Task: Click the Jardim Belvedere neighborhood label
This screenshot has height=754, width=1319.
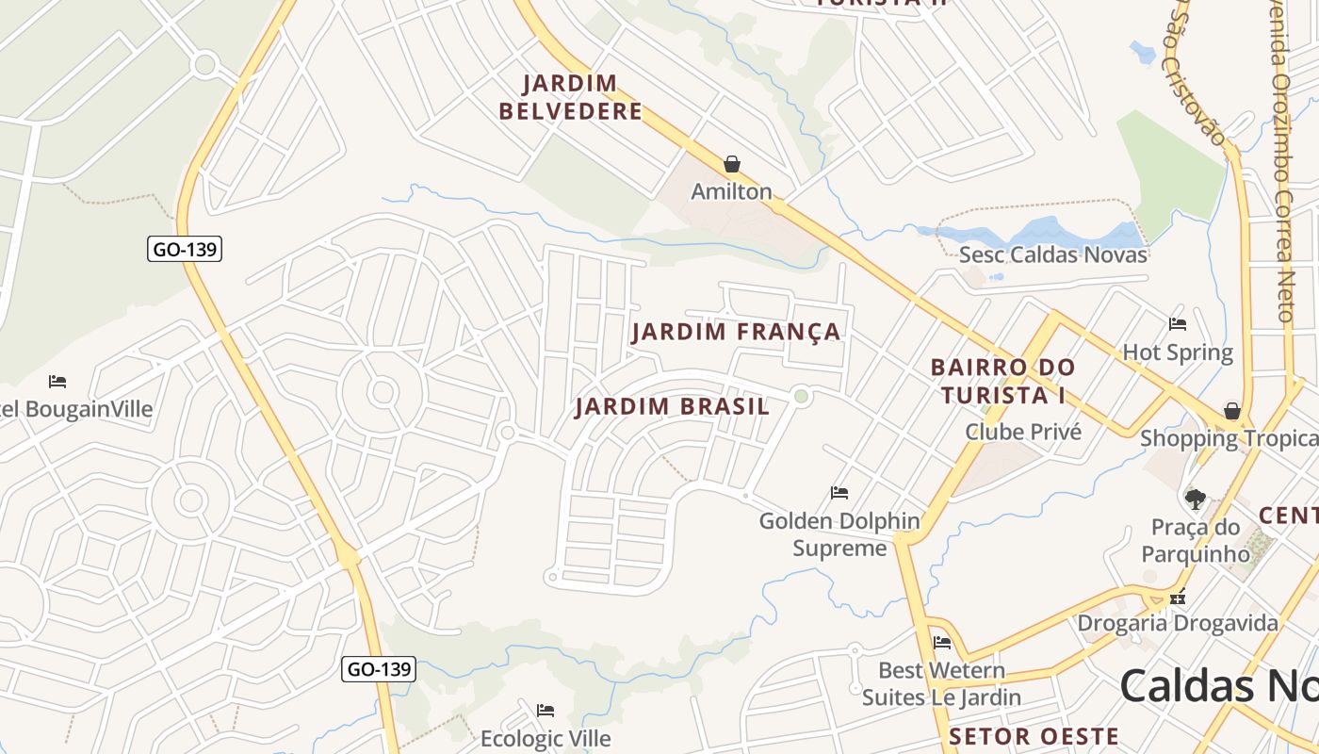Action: pos(570,97)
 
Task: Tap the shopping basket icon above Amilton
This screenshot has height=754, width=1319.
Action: pos(732,164)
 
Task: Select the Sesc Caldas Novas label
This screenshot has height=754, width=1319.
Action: pos(1052,254)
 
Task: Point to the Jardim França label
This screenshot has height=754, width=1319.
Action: pos(736,332)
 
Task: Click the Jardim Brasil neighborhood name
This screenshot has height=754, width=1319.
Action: pos(672,406)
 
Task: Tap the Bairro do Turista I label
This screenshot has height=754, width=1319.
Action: pos(1002,381)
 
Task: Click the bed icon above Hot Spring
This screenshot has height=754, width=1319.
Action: pos(1177,324)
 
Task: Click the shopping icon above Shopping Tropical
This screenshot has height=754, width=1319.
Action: pos(1231,411)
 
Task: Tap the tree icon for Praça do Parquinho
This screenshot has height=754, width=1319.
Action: pos(1196,499)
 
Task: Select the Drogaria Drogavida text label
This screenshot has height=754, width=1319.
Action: pos(1178,623)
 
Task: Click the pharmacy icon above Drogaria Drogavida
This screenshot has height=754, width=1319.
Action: pos(1177,597)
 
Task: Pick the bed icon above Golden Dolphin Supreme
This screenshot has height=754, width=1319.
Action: pos(839,493)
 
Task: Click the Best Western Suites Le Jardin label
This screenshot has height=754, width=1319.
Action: pos(940,684)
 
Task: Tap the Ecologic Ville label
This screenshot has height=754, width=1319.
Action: pos(546,738)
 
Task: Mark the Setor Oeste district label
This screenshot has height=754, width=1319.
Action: pos(1034,736)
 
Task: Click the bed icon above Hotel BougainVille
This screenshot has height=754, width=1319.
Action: pos(57,382)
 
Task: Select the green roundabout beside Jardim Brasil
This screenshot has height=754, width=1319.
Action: pos(802,396)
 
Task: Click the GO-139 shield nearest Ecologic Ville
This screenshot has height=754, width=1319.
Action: pos(378,669)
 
